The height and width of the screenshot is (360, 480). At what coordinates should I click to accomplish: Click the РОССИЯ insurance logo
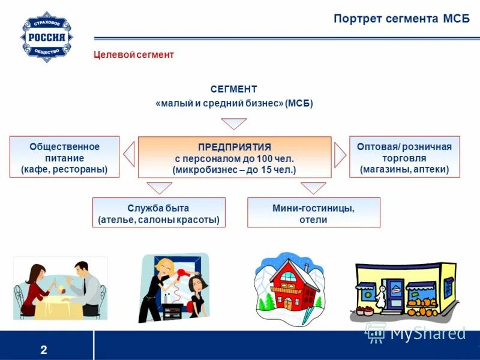[x=47, y=37]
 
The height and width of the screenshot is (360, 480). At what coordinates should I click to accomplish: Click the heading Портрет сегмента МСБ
[x=401, y=19]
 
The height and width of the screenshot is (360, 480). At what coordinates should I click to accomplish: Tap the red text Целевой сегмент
[x=134, y=55]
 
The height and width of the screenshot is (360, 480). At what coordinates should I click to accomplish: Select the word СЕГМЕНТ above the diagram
[x=234, y=89]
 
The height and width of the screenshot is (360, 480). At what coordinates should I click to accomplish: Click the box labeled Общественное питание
[x=64, y=158]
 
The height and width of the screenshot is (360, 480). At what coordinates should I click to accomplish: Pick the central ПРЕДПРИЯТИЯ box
[x=234, y=158]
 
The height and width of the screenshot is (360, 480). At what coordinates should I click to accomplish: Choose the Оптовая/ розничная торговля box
[x=404, y=158]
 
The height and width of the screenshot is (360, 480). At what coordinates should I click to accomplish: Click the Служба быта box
[x=158, y=214]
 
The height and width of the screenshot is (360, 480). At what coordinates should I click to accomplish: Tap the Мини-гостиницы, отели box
[x=313, y=214]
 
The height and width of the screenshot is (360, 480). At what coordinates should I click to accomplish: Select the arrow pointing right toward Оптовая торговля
[x=340, y=155]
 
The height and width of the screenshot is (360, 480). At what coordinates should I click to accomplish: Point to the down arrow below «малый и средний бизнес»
[x=234, y=124]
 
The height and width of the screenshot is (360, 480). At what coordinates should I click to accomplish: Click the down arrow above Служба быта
[x=159, y=188]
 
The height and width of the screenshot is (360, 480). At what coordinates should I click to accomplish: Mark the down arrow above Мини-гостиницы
[x=313, y=188]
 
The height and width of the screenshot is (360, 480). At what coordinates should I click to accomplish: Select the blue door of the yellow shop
[x=394, y=298]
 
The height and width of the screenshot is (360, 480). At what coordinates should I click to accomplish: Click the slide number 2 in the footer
[x=44, y=350]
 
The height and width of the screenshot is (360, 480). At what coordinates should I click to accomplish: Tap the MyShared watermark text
[x=427, y=332]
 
